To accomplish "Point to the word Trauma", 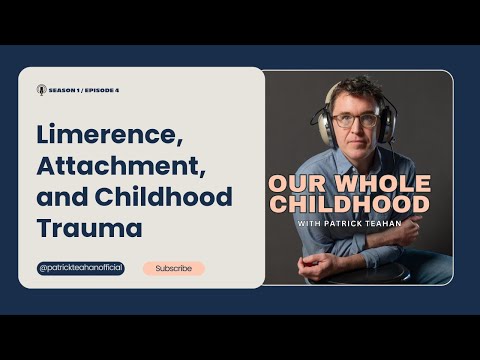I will click(x=90, y=228).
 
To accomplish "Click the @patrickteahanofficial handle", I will click(x=81, y=268).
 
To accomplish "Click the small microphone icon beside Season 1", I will click(x=41, y=89).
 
